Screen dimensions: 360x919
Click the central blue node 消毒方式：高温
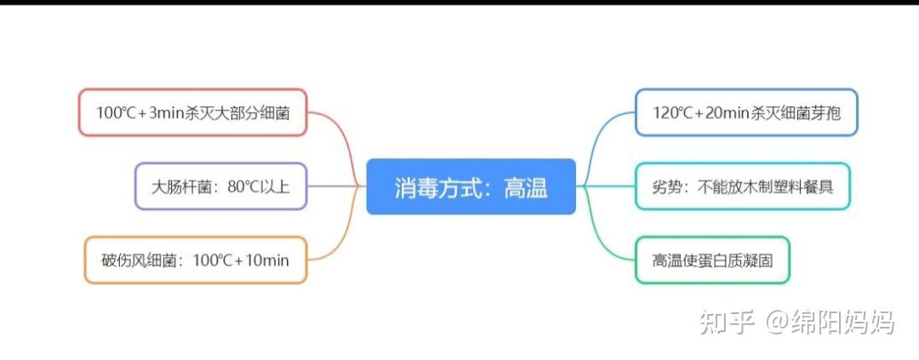[x=471, y=186]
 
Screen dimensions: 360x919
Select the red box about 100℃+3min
[x=192, y=112]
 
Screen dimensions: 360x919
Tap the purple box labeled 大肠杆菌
[x=220, y=186]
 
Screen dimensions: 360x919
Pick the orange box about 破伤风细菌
[x=195, y=260]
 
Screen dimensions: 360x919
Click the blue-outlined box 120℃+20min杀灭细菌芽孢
[x=746, y=112]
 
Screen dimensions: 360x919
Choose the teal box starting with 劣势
[x=742, y=186]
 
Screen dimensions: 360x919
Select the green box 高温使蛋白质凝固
[x=712, y=260]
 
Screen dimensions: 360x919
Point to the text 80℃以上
[x=259, y=186]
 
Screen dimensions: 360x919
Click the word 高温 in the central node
[x=525, y=187]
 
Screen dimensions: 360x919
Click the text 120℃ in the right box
[x=677, y=112]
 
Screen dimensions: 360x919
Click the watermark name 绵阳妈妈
[x=842, y=322]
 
